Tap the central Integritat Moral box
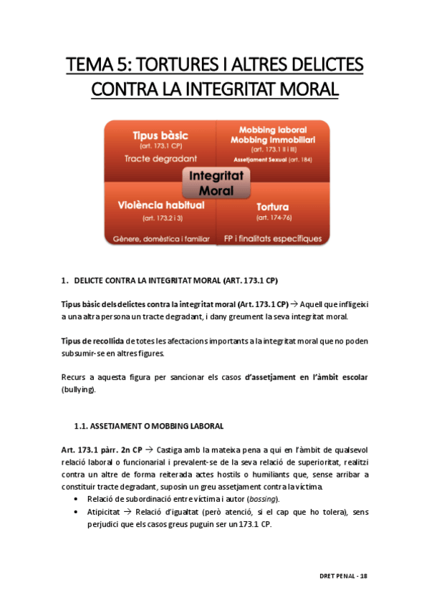(215, 183)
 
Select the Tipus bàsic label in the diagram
(150, 135)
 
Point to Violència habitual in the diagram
(160, 205)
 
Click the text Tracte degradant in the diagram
(150, 158)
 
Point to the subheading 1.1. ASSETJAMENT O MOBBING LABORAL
(149, 426)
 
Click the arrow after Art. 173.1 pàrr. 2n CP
(148, 450)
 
